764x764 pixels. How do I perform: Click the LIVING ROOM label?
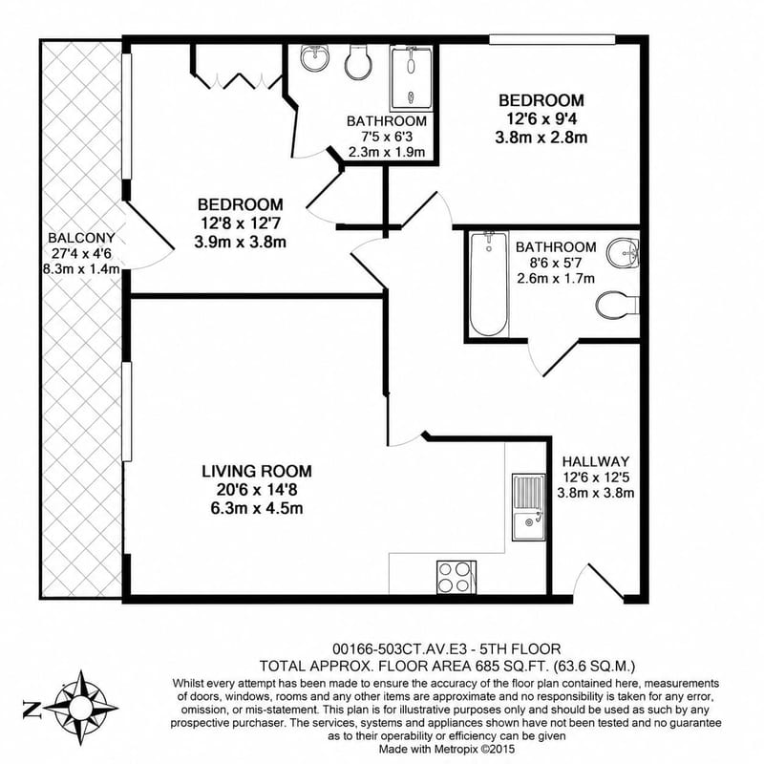[257, 471]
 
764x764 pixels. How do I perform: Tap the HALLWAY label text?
[595, 461]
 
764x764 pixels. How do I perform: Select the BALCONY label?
[81, 238]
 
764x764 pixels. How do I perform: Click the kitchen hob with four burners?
[456, 578]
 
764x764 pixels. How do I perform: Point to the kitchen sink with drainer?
[529, 507]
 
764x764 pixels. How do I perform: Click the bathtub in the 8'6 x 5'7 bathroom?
[489, 284]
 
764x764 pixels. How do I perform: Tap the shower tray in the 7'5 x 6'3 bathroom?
[411, 78]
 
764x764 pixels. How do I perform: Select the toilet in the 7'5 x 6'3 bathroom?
[358, 62]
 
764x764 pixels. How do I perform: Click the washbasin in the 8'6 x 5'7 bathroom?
[624, 253]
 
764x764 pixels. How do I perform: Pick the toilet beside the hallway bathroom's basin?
[617, 305]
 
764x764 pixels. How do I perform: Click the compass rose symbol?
[81, 707]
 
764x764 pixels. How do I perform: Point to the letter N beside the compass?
[31, 708]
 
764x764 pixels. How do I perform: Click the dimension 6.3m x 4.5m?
[257, 509]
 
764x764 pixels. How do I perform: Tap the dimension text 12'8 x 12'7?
[241, 223]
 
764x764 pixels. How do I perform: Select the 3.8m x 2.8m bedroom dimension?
[541, 138]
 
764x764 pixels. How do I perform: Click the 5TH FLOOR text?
[520, 649]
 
